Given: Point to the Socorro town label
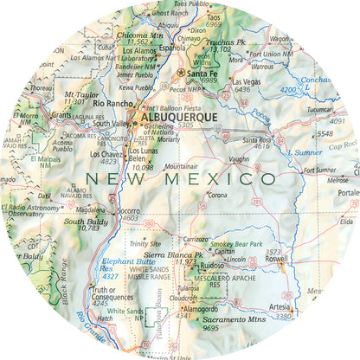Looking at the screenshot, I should (x=129, y=211).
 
